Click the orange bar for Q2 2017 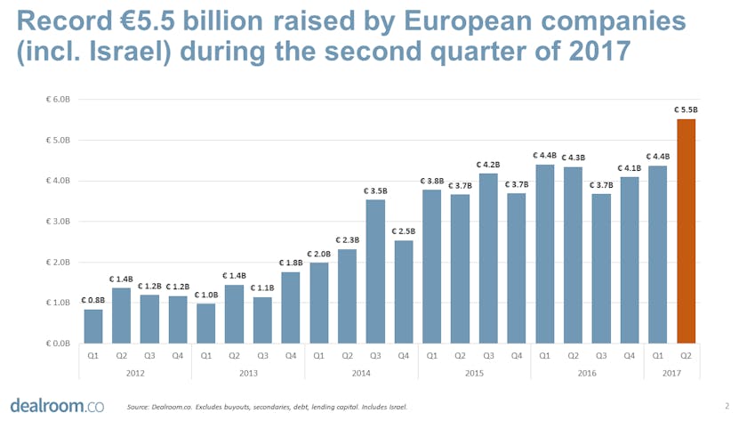(686, 231)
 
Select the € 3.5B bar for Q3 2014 (375, 271)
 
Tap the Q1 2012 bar (93, 326)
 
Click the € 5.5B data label (686, 109)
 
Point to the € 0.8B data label (93, 299)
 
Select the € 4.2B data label (488, 164)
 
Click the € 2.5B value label (404, 231)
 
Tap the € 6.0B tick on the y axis (59, 98)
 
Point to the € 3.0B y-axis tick (59, 221)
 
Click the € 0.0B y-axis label (59, 344)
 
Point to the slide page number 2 (727, 406)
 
